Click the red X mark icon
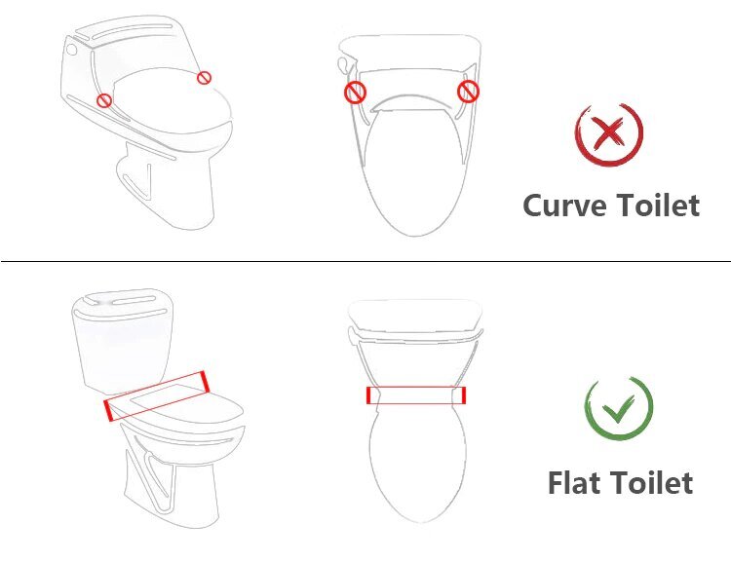coord(608,133)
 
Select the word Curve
coord(564,206)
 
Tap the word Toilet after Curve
coord(657,206)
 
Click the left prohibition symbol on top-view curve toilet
coord(356,94)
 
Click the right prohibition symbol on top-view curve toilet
coord(469,92)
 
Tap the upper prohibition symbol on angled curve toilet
coord(204,78)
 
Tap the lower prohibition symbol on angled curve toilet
coord(104,99)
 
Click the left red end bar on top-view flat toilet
coord(368,395)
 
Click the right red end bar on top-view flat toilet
coord(463,394)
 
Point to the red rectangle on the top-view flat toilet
coord(415,394)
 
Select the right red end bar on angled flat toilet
coord(203,380)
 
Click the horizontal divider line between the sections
coord(365,261)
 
